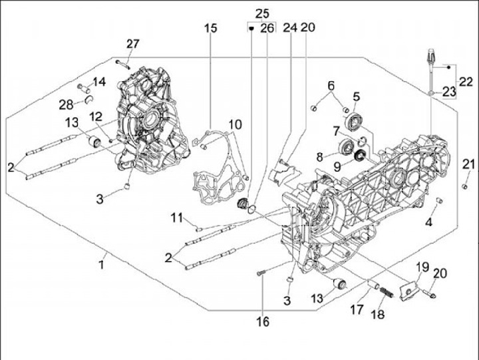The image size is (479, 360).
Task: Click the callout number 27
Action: [x=133, y=44]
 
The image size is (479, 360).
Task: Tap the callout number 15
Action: [x=211, y=28]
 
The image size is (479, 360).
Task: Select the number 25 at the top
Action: [x=262, y=14]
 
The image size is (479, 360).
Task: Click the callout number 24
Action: [x=290, y=27]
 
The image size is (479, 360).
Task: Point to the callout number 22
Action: [x=466, y=82]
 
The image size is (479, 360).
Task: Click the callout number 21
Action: [x=468, y=164]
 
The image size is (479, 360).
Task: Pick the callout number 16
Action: [x=263, y=321]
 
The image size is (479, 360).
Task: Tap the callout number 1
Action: [x=102, y=264]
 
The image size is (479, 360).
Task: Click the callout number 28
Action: [x=67, y=105]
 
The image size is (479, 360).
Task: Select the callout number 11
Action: [x=177, y=218]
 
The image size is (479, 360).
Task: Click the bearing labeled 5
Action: [x=354, y=121]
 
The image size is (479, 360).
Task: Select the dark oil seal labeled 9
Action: [x=360, y=155]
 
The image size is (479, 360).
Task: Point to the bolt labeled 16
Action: [x=261, y=273]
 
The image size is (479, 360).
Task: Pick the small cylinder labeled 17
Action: [x=373, y=285]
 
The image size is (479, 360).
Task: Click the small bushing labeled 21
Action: [x=465, y=186]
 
